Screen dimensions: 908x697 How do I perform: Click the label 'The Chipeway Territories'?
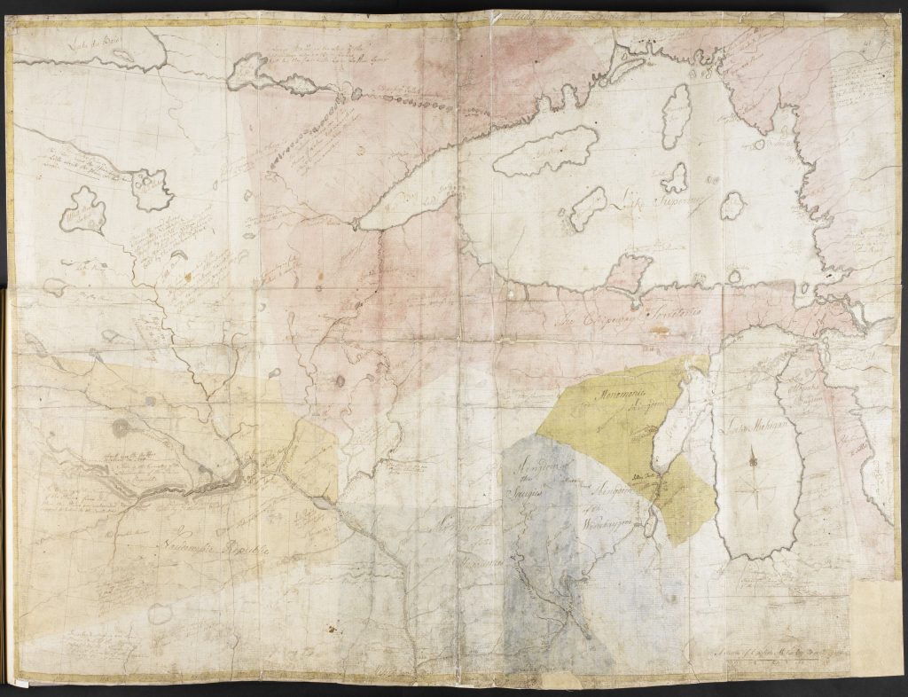[612, 322]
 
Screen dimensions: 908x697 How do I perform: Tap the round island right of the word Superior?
[732, 206]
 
